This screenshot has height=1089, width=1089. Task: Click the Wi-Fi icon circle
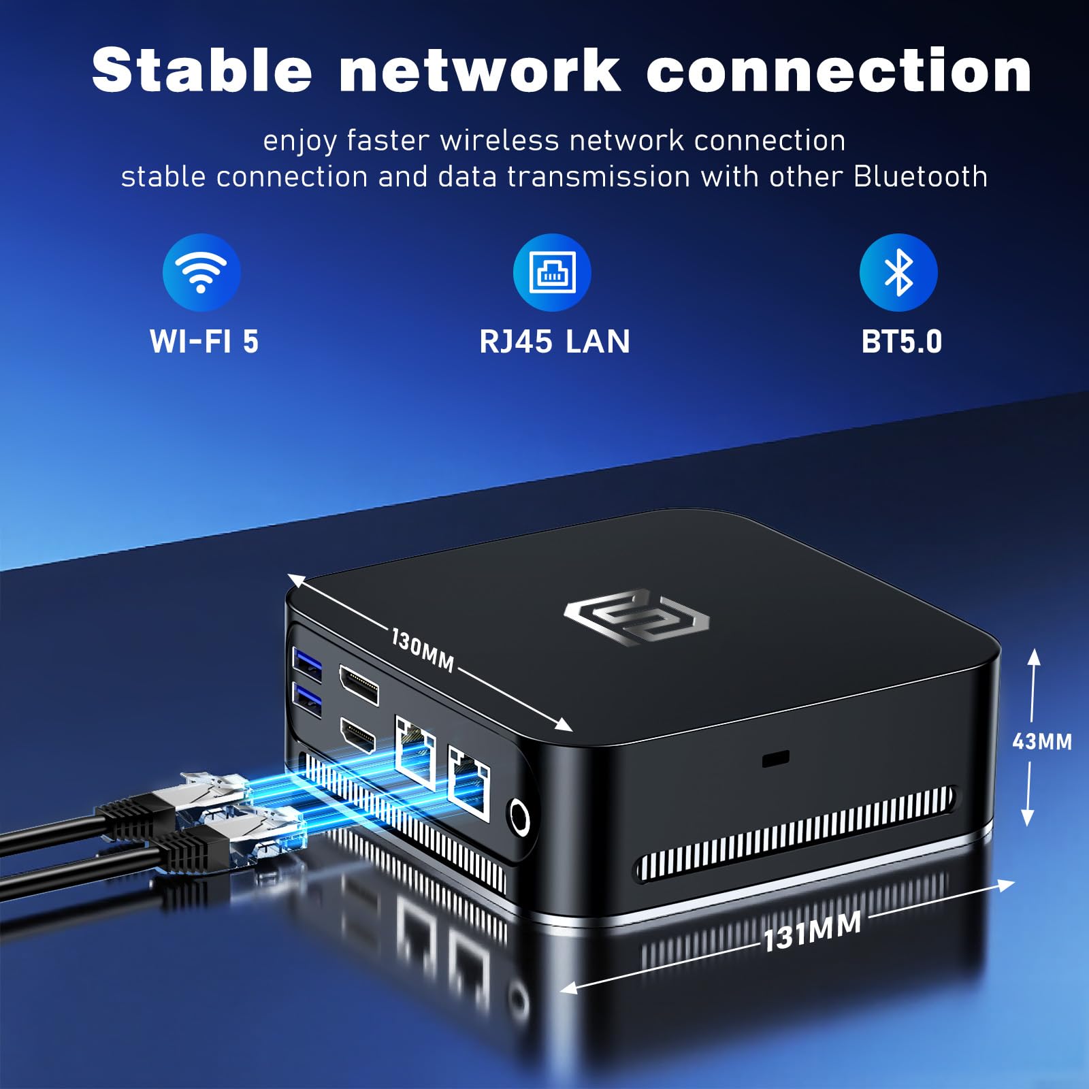coord(201,272)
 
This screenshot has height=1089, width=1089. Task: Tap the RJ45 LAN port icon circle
coord(552,272)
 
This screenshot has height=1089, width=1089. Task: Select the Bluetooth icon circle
coord(898,272)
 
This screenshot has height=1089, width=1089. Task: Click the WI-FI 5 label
coord(204,342)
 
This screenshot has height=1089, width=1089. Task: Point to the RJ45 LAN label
coord(555,342)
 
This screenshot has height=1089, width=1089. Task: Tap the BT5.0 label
coord(902,342)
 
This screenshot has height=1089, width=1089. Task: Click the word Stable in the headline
coord(202,71)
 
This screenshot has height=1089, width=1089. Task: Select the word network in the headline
coord(479,71)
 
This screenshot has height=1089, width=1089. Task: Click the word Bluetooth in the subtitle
coord(920,177)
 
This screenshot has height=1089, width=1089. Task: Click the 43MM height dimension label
coord(1041,741)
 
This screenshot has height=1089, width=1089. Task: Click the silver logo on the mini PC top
coord(636,617)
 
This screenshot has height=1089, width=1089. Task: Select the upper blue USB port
coord(307,660)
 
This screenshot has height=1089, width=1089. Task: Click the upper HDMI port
coord(359,684)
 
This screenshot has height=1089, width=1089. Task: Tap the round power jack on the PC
coord(519,816)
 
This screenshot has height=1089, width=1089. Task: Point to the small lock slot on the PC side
coord(775,758)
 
